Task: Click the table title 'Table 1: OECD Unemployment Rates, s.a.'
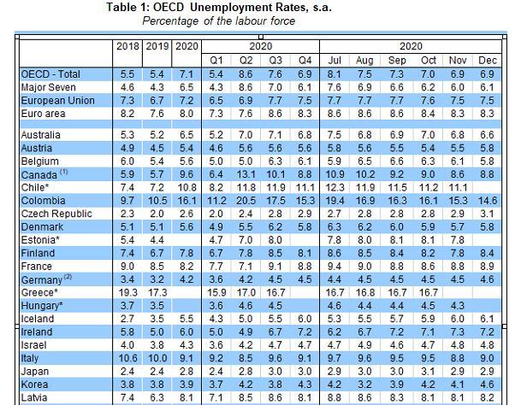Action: [218, 8]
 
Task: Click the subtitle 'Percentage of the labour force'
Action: [218, 20]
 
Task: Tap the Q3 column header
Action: [275, 61]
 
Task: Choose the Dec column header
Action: [486, 61]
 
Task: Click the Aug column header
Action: [364, 61]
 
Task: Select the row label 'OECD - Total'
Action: [51, 75]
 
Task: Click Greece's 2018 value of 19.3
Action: [127, 292]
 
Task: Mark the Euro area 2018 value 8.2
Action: [127, 112]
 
